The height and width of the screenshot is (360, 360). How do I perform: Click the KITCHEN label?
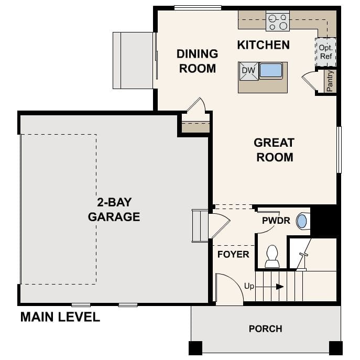pos(263,45)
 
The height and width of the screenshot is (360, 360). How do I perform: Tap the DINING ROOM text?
pos(197,61)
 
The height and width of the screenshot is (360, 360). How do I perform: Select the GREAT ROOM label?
pos(274,149)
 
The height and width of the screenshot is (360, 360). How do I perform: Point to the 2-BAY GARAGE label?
pos(114,210)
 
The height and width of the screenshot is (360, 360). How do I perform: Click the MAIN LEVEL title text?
pos(60,317)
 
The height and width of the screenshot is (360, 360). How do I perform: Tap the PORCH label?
pos(265,329)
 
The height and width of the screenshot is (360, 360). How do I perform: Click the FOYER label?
pos(233,255)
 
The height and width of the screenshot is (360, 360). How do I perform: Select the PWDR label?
pos(276,221)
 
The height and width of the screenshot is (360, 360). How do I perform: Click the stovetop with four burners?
pos(278,21)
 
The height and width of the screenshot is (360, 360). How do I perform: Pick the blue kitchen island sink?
pos(271,70)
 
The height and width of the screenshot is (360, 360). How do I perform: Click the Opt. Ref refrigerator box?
pos(325,52)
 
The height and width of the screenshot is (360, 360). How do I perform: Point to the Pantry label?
pos(330,81)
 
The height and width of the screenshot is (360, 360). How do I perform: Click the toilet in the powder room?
pos(272,256)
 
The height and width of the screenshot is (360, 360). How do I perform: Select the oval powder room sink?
pos(302,221)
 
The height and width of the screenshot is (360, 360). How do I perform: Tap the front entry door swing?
pos(229,290)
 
